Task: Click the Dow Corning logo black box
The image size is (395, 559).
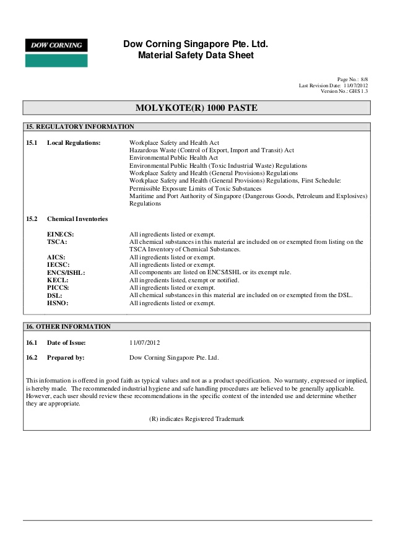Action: [56, 45]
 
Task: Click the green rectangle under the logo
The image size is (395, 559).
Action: [56, 61]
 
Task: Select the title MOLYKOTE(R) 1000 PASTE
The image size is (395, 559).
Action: [196, 108]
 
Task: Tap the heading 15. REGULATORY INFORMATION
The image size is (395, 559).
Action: [79, 127]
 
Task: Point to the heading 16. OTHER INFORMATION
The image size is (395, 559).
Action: [68, 326]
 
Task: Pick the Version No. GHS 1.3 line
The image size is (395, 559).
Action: [344, 92]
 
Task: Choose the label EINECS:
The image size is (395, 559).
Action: [61, 235]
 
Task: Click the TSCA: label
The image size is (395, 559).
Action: [57, 242]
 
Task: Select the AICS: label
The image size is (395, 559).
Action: [56, 257]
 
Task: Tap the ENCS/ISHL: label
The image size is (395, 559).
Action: [66, 272]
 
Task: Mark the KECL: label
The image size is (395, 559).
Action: [58, 280]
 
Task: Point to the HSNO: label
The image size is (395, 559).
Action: [58, 303]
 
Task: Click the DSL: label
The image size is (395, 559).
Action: [54, 295]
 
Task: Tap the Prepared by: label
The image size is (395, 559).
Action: [66, 358]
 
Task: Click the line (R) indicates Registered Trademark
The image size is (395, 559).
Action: [197, 419]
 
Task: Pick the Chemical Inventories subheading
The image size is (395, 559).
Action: [77, 219]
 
